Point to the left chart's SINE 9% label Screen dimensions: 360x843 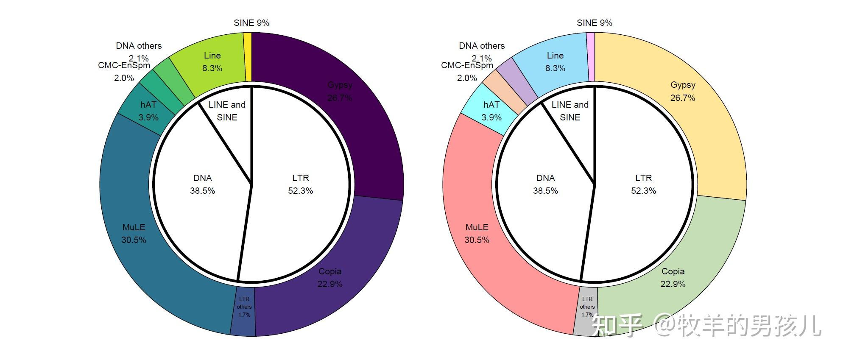(x=251, y=23)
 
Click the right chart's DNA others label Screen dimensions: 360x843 (x=482, y=46)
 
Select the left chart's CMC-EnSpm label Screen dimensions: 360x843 (x=124, y=66)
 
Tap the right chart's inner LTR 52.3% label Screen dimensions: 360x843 (x=643, y=184)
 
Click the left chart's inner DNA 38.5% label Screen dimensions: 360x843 (x=202, y=184)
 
